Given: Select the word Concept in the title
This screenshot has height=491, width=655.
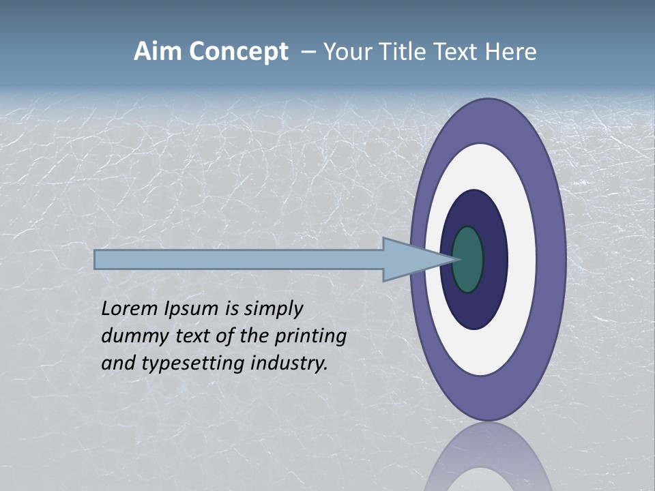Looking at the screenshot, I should coord(238,53).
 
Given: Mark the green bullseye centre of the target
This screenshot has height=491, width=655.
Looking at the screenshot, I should coord(469,260).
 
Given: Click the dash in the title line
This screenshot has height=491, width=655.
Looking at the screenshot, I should coord(308,52).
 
